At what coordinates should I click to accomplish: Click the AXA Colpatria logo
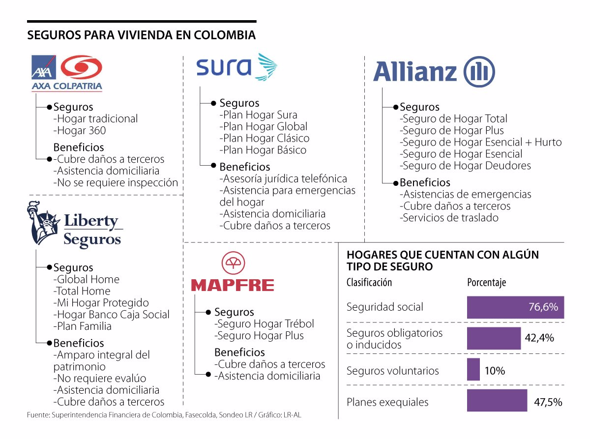click(67, 73)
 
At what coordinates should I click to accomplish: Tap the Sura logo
click(237, 66)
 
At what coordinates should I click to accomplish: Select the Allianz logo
click(434, 72)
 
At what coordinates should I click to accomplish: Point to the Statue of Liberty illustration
click(43, 223)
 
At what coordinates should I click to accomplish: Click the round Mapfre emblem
click(233, 263)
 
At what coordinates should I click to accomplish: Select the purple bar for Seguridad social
click(516, 307)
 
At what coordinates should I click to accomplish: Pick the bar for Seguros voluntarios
click(473, 369)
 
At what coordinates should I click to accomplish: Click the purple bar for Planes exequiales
click(497, 401)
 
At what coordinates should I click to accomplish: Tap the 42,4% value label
click(539, 338)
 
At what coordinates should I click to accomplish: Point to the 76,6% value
click(543, 307)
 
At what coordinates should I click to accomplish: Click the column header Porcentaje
click(487, 283)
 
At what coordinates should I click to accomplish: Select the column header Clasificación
click(369, 282)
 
